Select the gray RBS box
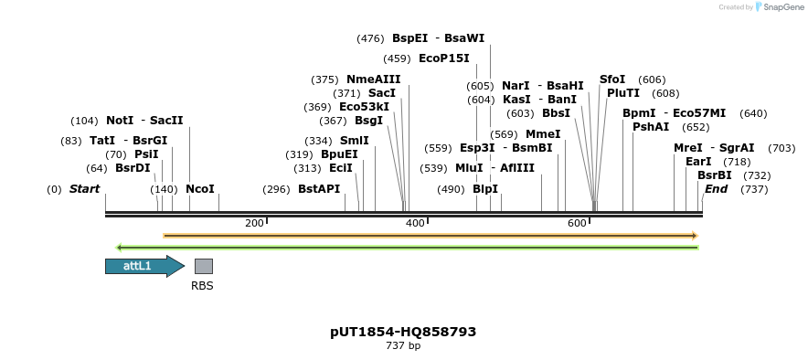(203, 266)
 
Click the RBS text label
(202, 286)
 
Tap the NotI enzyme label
(119, 121)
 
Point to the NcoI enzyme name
(199, 189)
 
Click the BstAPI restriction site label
(319, 189)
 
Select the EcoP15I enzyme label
(443, 58)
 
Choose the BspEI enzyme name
(409, 38)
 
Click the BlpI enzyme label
(485, 189)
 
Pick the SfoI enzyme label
(612, 79)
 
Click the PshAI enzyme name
(651, 127)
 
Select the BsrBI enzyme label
(714, 175)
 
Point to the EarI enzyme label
(698, 162)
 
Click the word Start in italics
(84, 189)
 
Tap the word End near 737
(716, 189)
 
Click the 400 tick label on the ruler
(415, 223)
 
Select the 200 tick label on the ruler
(254, 223)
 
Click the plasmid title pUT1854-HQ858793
(403, 332)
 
